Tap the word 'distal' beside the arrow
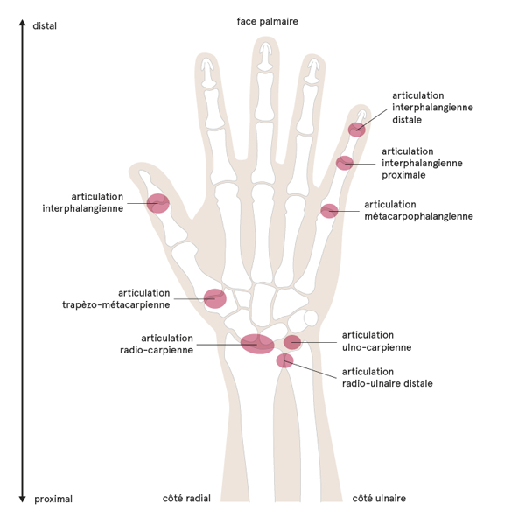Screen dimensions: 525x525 pyautogui.click(x=45, y=26)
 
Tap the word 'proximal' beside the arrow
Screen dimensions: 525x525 pyautogui.click(x=53, y=499)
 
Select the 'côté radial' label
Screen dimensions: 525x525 pyautogui.click(x=186, y=498)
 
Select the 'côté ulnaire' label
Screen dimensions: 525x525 pyautogui.click(x=379, y=498)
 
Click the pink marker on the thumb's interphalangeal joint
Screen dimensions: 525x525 pyautogui.click(x=158, y=203)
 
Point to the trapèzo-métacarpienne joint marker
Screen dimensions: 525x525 pyautogui.click(x=214, y=298)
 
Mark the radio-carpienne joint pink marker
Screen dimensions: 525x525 pyautogui.click(x=257, y=344)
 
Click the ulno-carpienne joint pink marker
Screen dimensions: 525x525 pyautogui.click(x=292, y=342)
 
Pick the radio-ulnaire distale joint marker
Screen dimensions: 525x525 pyautogui.click(x=283, y=360)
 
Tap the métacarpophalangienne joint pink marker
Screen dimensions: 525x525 pyautogui.click(x=329, y=211)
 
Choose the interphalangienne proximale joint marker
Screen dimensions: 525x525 pyautogui.click(x=345, y=163)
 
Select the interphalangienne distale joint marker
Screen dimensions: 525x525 pyautogui.click(x=356, y=129)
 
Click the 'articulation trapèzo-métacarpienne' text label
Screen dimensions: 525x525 pyautogui.click(x=116, y=298)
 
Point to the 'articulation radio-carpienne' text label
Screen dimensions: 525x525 pyautogui.click(x=167, y=344)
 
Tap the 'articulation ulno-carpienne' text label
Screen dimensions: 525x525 pyautogui.click(x=376, y=341)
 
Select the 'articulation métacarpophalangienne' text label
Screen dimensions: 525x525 pyautogui.click(x=418, y=210)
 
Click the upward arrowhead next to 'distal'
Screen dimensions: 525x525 pyautogui.click(x=21, y=24)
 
